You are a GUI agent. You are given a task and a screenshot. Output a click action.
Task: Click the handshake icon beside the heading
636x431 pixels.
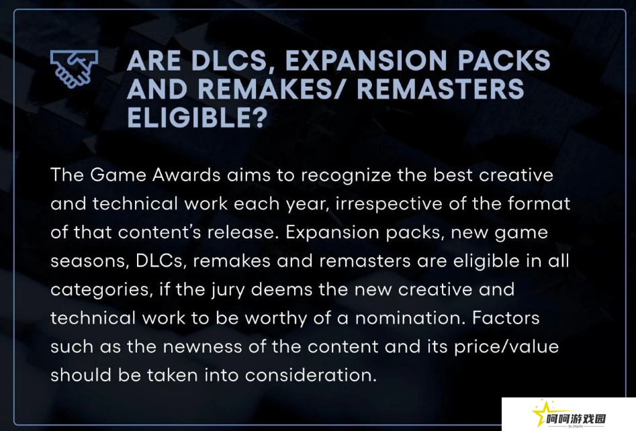75,68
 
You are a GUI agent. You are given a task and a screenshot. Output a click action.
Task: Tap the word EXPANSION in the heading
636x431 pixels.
366,60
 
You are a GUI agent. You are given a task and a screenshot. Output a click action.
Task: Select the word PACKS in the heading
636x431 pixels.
504,60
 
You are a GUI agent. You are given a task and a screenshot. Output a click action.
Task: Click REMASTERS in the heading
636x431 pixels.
441,89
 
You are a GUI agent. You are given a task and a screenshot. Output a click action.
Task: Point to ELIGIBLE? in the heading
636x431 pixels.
197,117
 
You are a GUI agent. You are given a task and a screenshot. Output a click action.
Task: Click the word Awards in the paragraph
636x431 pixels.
187,175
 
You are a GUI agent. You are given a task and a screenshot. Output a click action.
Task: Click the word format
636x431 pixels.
539,203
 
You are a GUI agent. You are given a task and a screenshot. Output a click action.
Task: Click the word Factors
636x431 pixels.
506,318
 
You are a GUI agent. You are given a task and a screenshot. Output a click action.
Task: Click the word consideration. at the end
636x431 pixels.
311,375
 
